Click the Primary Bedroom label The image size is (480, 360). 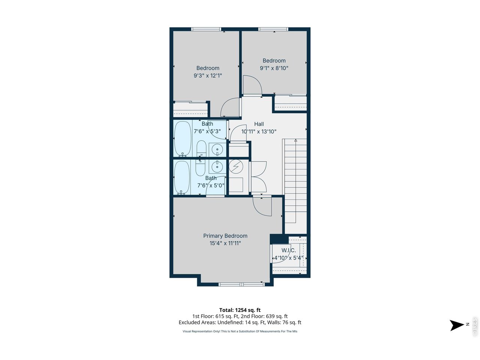[225, 236]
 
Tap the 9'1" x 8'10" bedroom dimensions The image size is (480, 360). [274, 68]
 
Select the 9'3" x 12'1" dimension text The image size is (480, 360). [208, 76]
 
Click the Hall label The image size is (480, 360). [259, 124]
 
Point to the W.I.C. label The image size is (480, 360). [289, 250]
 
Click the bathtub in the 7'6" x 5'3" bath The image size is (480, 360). [183, 139]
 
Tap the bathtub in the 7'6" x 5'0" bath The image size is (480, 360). [182, 177]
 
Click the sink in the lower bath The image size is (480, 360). [217, 166]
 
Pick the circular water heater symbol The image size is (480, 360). [236, 167]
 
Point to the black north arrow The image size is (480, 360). [457, 325]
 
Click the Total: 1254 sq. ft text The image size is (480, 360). [240, 310]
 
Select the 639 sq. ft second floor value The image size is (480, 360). [277, 316]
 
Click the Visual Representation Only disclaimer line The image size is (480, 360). [240, 331]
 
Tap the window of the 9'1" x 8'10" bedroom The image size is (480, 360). [273, 29]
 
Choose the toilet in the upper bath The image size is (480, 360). [201, 148]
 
